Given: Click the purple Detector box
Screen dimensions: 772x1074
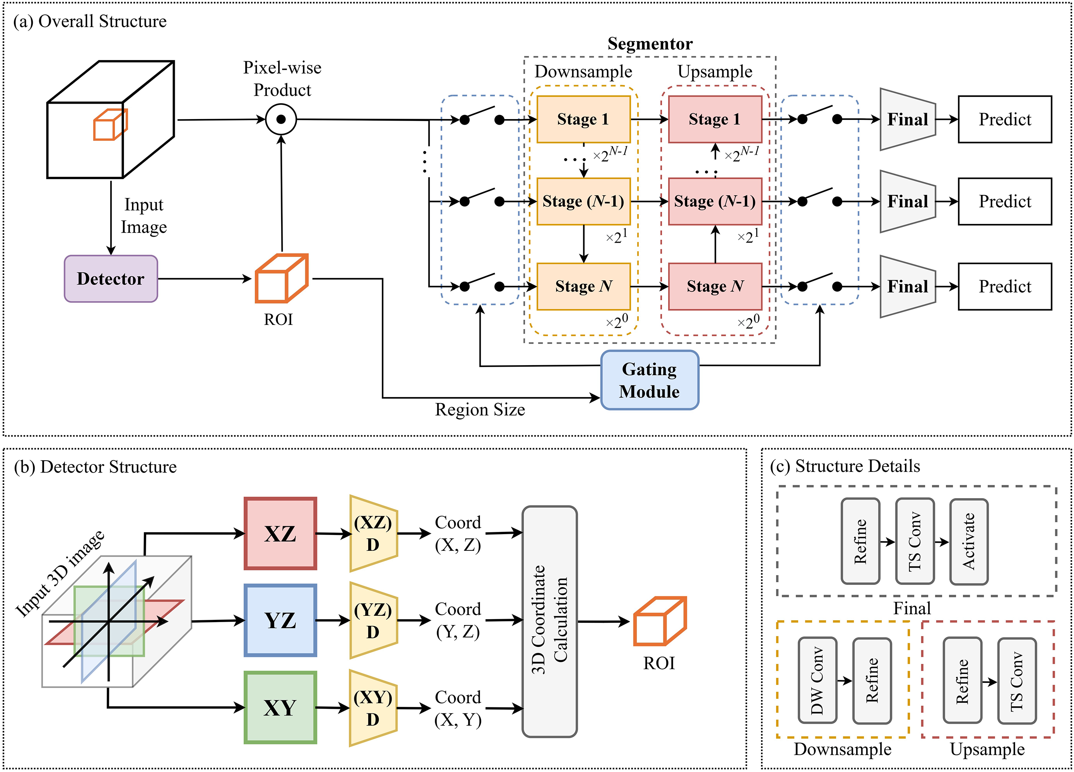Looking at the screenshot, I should [111, 279].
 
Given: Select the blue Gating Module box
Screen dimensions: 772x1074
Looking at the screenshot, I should [649, 380].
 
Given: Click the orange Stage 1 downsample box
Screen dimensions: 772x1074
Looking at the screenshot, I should [583, 119].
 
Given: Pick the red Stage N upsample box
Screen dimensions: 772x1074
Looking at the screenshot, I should [715, 286].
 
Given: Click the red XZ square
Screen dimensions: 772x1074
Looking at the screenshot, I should [280, 533].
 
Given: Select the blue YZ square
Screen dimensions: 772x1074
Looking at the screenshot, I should [280, 620].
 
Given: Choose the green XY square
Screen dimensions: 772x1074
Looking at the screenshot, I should [280, 708].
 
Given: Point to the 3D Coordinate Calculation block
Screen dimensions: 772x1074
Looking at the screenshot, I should [549, 621].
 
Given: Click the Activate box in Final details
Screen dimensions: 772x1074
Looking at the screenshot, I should [969, 541].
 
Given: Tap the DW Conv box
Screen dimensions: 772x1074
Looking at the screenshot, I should [817, 680].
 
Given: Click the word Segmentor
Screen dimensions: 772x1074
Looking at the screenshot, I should [650, 44].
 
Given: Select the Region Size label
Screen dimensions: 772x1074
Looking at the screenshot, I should [480, 409].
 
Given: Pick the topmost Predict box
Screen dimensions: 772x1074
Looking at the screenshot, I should [1004, 119].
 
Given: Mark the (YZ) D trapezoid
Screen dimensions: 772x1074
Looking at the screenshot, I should [373, 620].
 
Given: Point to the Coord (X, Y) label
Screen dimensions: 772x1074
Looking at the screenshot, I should [458, 708].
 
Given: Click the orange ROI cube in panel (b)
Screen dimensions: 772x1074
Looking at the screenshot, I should [660, 621].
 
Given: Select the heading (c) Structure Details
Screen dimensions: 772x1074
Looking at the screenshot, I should [845, 466].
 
